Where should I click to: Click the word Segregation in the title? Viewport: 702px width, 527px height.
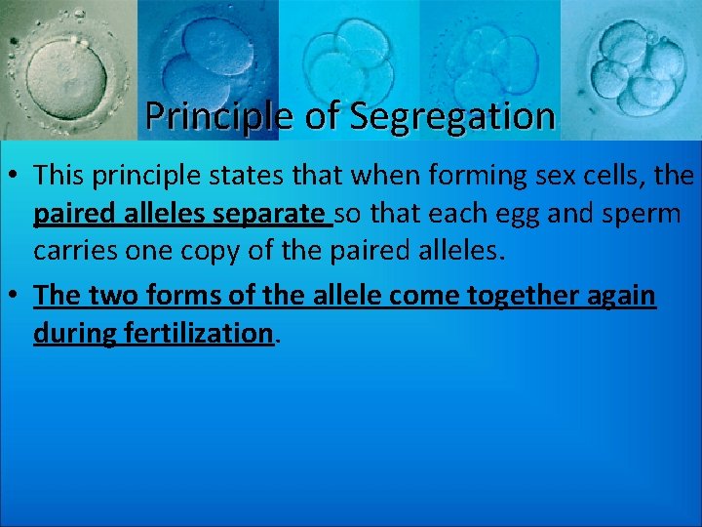(x=452, y=116)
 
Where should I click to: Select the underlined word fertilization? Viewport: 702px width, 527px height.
(x=198, y=334)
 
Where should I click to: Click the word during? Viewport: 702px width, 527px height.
(x=75, y=334)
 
